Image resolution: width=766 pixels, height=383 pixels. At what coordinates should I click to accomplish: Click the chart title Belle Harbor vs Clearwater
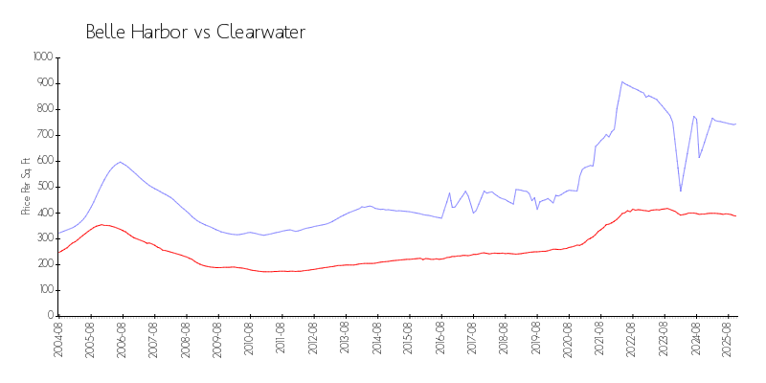(x=195, y=33)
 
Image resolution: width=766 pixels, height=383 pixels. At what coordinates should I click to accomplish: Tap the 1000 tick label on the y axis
(x=41, y=57)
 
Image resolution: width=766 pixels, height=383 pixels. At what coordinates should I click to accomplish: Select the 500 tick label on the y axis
(x=43, y=187)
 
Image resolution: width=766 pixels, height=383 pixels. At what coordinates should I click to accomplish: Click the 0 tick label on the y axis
(x=50, y=316)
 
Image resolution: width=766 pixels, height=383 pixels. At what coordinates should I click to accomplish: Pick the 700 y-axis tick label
(x=43, y=135)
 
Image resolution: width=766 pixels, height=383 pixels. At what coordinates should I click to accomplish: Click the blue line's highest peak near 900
(x=622, y=81)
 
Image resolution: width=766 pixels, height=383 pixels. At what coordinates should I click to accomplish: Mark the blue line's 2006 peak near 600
(x=120, y=162)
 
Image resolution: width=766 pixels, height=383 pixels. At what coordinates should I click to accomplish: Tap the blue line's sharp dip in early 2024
(x=681, y=191)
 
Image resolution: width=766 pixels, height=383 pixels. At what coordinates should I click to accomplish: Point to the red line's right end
(x=735, y=215)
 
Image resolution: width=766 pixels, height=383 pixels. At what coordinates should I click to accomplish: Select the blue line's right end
(x=735, y=124)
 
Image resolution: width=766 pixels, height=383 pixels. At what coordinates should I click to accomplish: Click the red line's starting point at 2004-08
(x=58, y=252)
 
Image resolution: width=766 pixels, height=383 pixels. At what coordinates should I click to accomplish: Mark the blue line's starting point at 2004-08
(x=58, y=234)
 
